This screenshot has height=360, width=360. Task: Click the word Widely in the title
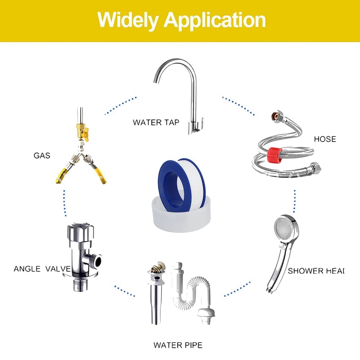(128, 20)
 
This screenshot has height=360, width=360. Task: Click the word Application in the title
(215, 21)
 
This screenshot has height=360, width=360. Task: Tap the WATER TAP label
(156, 122)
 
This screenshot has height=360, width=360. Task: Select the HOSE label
(325, 139)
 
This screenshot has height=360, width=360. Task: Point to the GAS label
(42, 156)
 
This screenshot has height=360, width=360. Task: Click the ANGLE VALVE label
(42, 269)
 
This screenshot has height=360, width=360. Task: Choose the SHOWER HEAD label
(316, 271)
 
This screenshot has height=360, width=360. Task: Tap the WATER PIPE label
(178, 345)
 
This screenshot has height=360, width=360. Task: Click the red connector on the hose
(275, 155)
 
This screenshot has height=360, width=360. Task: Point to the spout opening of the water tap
(156, 81)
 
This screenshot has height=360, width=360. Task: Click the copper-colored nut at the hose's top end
(275, 115)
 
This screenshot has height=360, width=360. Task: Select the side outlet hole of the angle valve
(98, 261)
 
